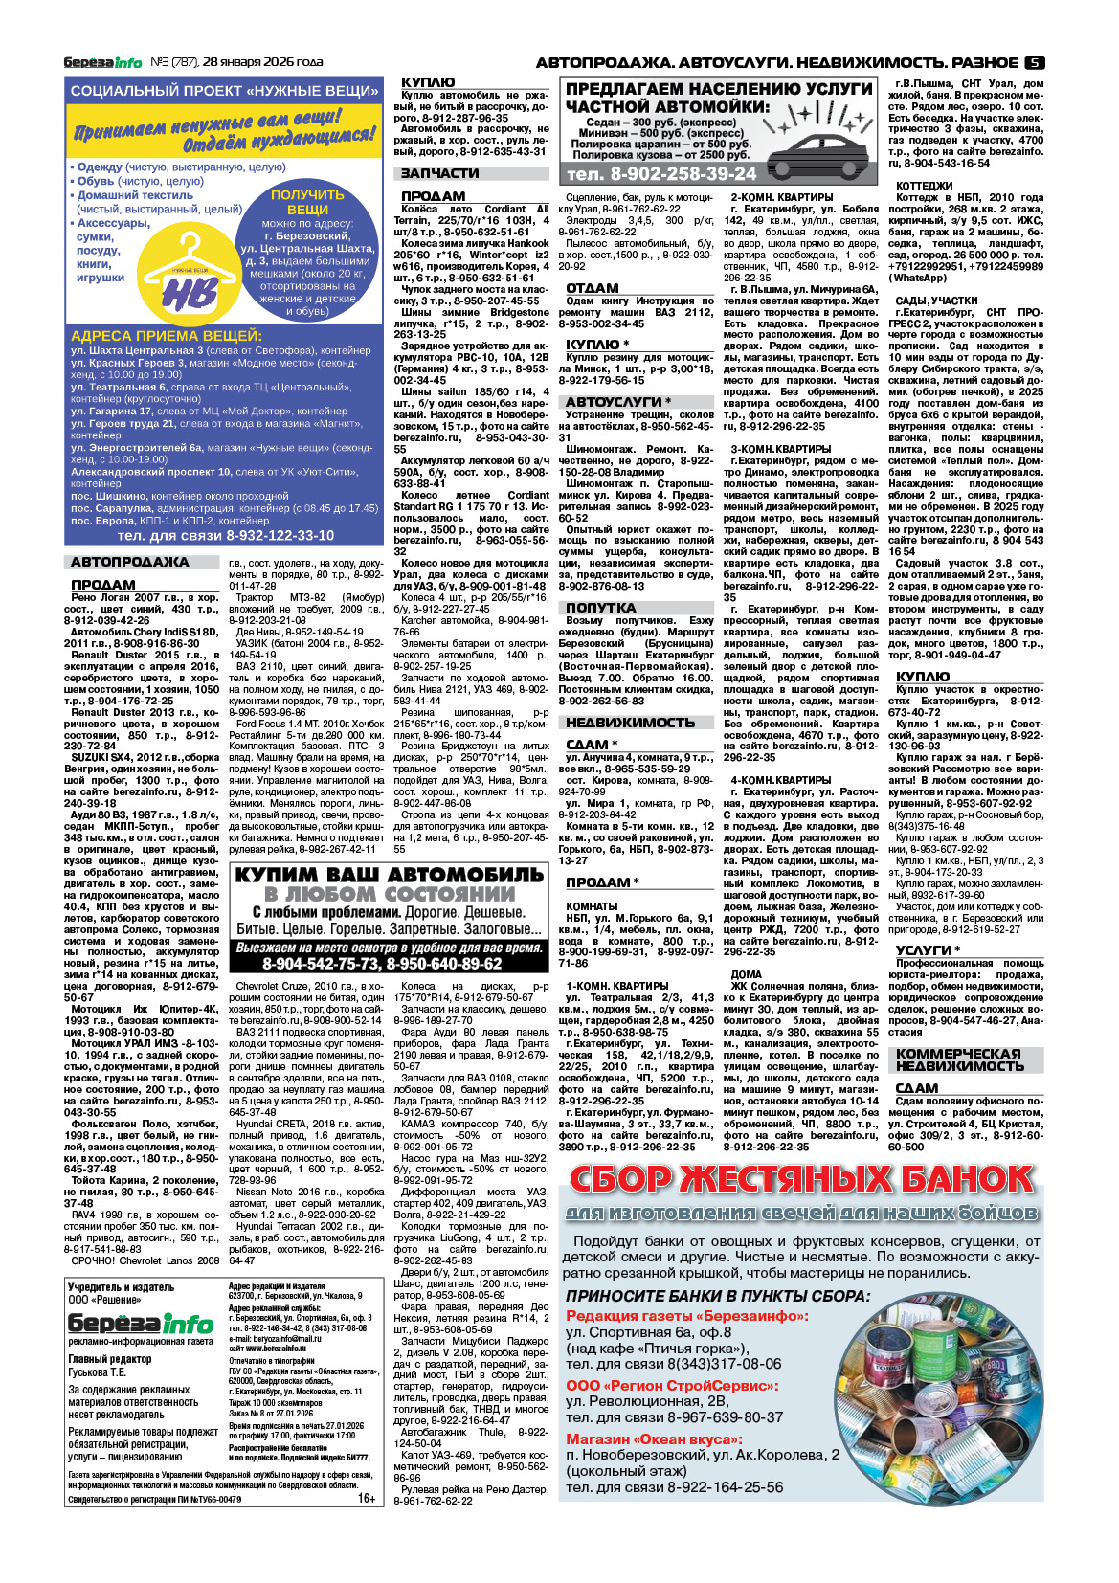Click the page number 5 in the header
point(1034,62)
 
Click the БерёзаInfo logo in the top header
point(102,62)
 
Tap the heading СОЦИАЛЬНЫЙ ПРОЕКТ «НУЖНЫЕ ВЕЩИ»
point(224,91)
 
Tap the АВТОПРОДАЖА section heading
point(129,562)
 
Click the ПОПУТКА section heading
point(600,608)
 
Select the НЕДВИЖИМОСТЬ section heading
point(629,723)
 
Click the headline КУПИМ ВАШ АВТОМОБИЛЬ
point(389,875)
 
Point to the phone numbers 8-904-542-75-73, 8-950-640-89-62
point(389,964)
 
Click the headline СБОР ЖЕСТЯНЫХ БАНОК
point(801,1179)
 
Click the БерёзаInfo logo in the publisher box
point(140,1324)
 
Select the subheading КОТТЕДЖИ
point(924,186)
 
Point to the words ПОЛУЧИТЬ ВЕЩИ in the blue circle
point(307,202)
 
